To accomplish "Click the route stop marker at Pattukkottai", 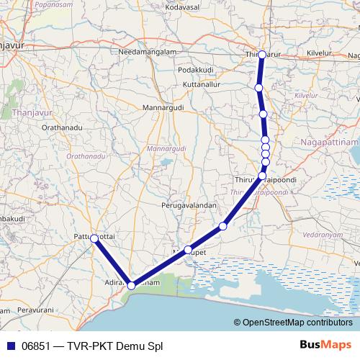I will tap(94, 238).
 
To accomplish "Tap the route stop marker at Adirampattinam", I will tap(131, 286).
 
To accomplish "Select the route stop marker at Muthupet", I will tap(188, 250).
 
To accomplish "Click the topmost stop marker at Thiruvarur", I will tap(262, 55).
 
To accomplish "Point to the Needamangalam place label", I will tap(148, 53).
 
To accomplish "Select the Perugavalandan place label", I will tap(189, 205).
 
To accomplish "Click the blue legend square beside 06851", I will tap(10, 344).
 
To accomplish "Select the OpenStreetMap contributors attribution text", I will tap(297, 323).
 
